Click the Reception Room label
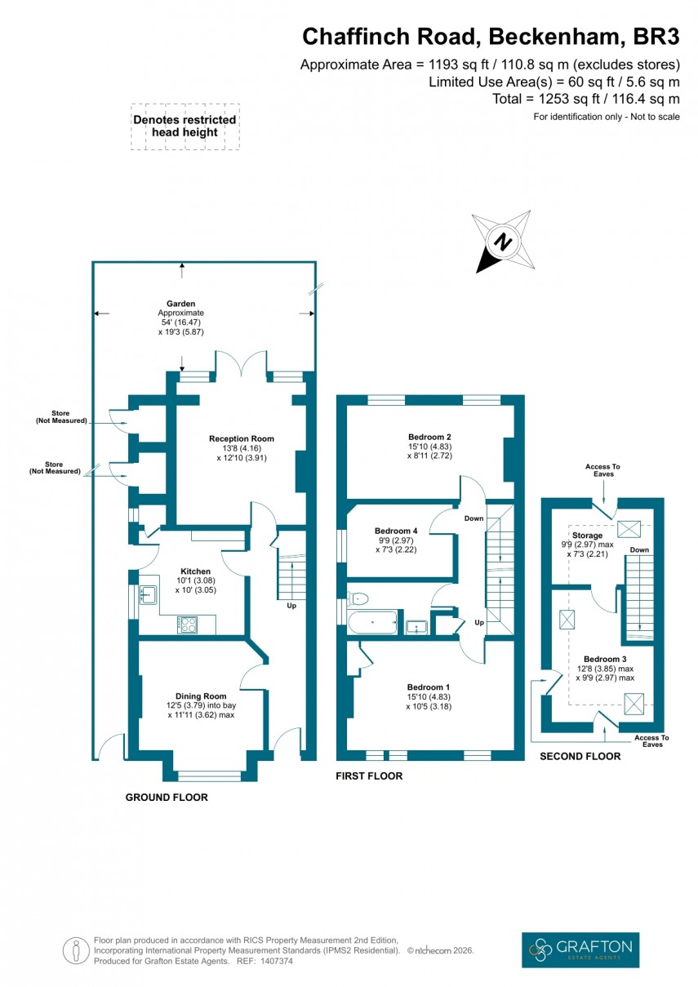(x=241, y=439)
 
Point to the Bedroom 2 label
(x=429, y=436)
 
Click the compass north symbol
(x=504, y=242)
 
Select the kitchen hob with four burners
(x=188, y=625)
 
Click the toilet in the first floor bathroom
(x=357, y=598)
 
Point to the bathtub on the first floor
(x=372, y=624)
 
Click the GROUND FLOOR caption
(x=167, y=797)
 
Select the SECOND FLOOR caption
(x=580, y=757)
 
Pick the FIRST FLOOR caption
(x=369, y=776)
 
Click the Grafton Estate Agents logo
(x=580, y=949)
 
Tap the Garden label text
(x=181, y=304)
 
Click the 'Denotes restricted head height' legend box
(x=185, y=127)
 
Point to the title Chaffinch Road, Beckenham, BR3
(x=491, y=37)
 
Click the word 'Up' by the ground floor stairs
(x=291, y=606)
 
